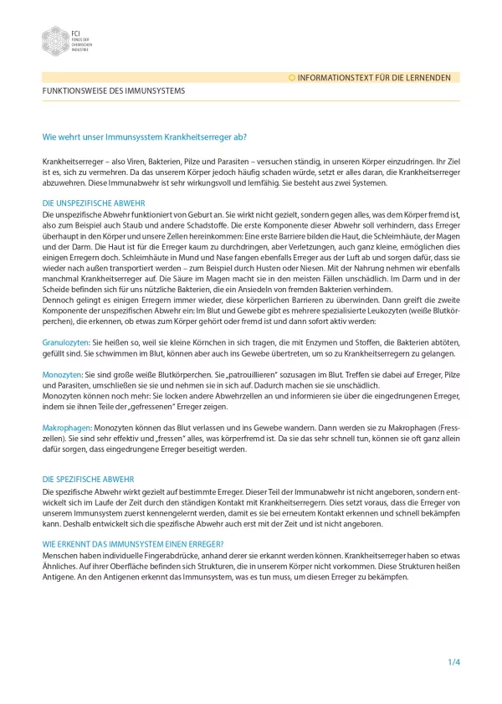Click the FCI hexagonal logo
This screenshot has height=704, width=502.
pos(55,40)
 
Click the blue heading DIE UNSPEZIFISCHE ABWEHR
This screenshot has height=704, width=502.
pos(94,203)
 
